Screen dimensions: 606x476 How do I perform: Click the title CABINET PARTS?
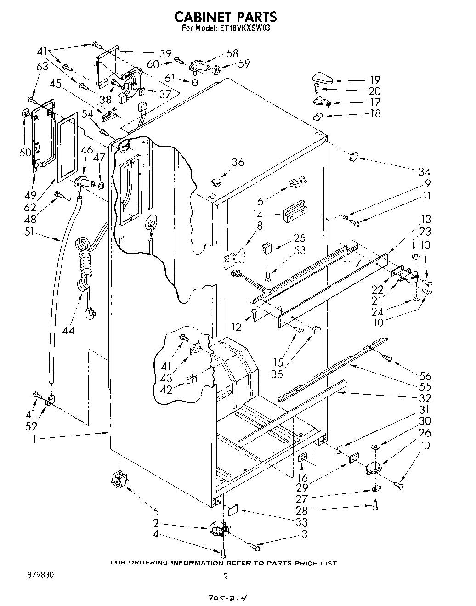point(226,17)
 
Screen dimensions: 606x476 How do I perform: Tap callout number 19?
point(375,79)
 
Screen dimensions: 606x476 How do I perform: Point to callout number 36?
point(238,162)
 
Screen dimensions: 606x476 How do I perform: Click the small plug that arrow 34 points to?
point(353,157)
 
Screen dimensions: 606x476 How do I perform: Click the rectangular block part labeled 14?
point(295,210)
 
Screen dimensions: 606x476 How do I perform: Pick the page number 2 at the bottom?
point(225,576)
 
